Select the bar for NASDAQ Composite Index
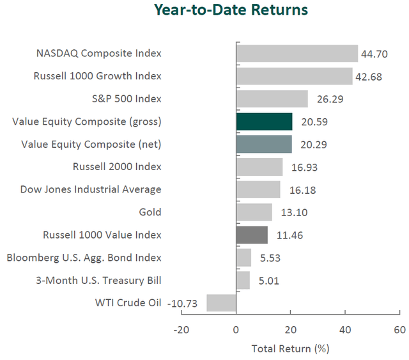point(297,53)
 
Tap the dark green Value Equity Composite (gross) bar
point(264,121)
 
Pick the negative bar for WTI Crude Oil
point(221,302)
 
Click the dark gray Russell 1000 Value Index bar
point(252,235)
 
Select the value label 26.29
point(325,99)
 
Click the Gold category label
point(150,212)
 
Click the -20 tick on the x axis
point(181,330)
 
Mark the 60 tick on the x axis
point(399,330)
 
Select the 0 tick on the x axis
point(236,330)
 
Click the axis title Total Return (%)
point(290,348)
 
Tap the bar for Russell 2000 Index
point(259,167)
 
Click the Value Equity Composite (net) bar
point(264,144)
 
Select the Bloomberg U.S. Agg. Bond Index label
point(84,258)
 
